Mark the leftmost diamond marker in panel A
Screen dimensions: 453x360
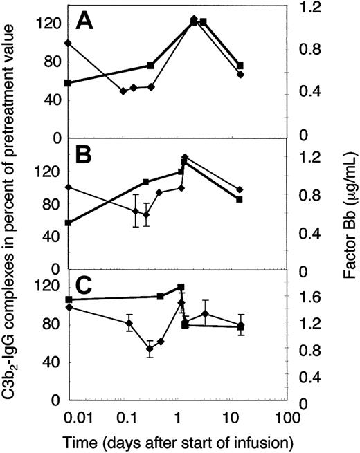67,43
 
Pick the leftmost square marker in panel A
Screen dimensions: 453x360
67,83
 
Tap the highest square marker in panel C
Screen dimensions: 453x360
181,287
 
